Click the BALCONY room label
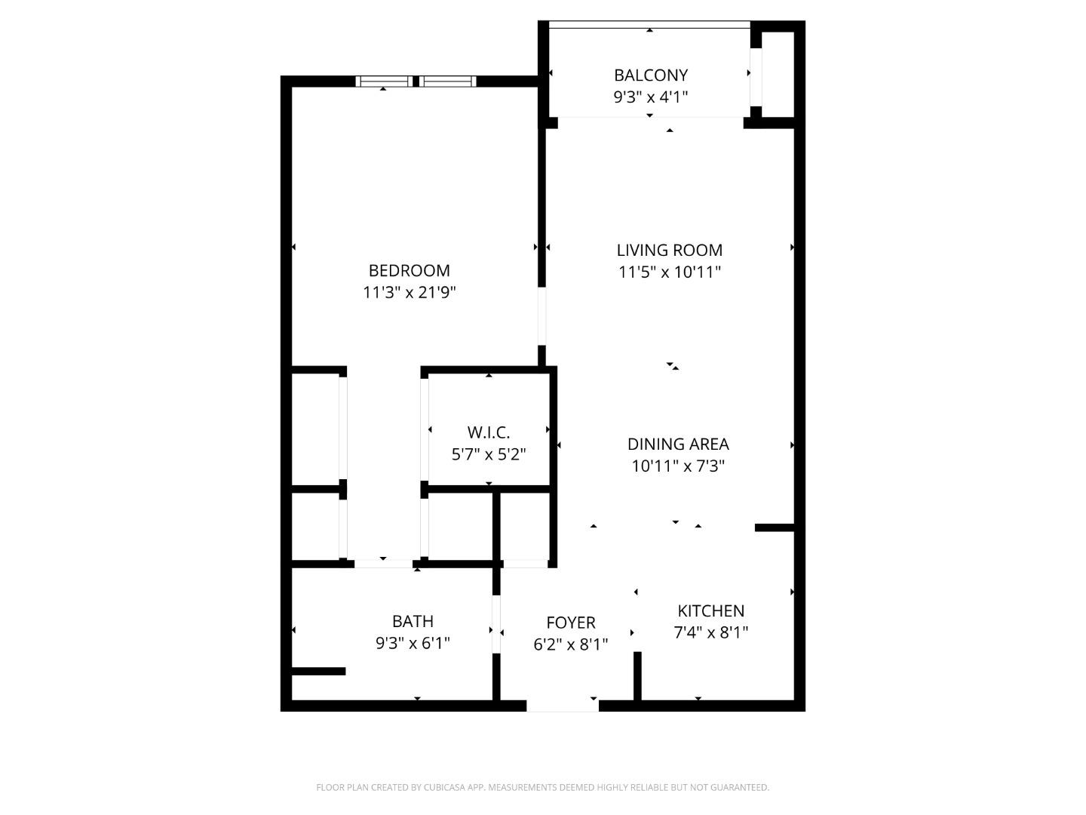point(650,75)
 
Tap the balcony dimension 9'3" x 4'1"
point(650,97)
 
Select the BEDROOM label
point(409,270)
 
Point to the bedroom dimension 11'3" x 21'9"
point(409,292)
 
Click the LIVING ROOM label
point(669,250)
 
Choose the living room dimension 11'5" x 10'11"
point(669,272)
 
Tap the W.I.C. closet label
point(489,432)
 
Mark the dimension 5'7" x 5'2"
point(489,454)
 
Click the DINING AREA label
point(678,444)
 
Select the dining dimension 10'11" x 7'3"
point(678,466)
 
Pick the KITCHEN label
point(710,610)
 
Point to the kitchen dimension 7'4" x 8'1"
point(710,632)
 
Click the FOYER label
point(571,623)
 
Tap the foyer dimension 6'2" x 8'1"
point(571,644)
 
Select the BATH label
point(413,621)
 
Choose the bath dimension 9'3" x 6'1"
point(413,643)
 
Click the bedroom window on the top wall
point(416,81)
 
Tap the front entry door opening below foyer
point(563,706)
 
